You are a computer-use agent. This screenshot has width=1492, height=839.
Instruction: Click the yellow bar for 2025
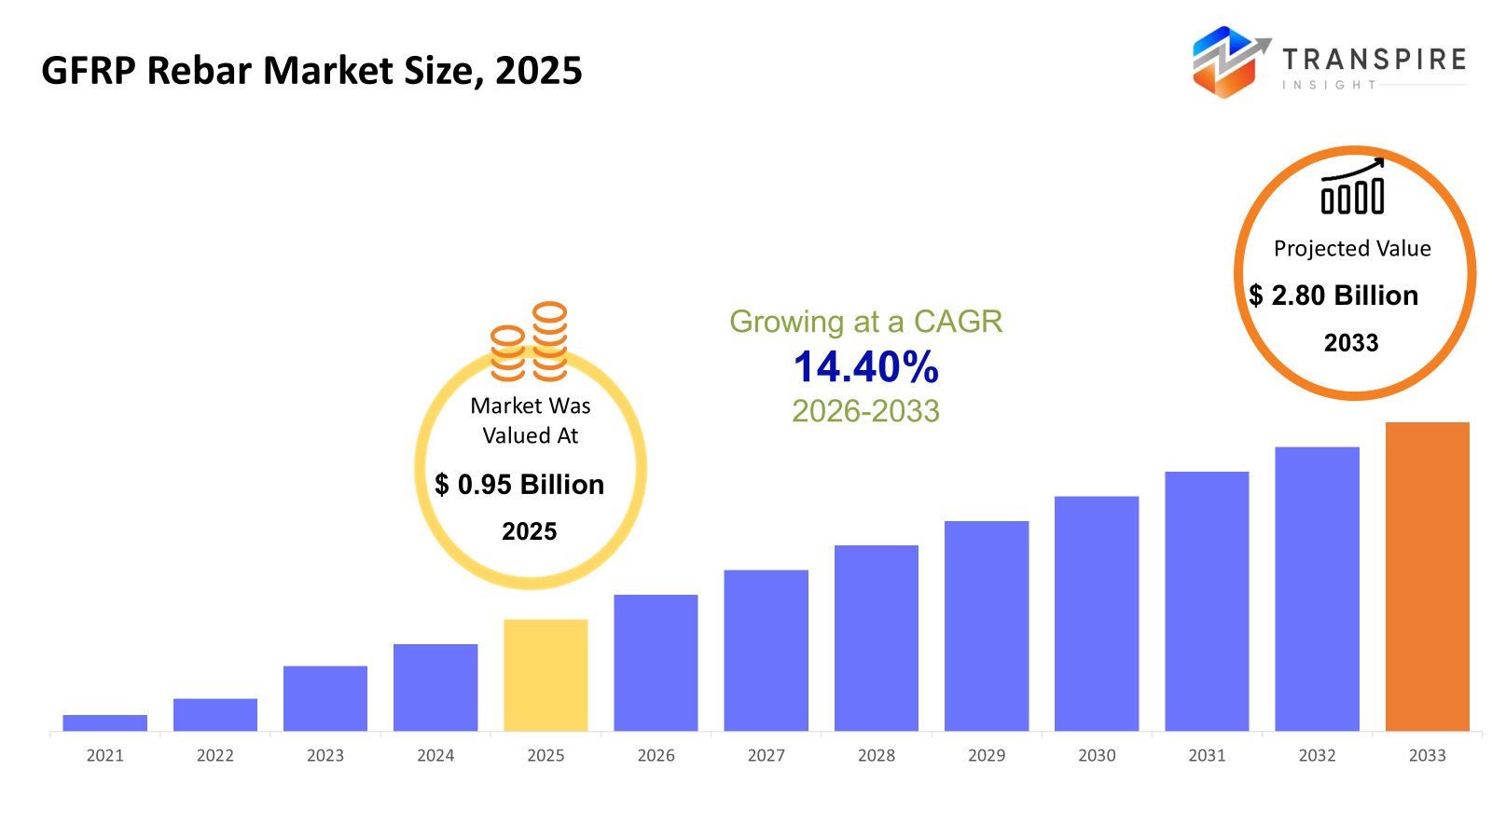546,675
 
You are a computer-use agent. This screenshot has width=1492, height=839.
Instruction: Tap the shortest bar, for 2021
104,722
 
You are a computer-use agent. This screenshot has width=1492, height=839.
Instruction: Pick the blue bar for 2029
986,626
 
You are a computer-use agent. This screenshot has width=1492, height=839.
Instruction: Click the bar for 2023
325,698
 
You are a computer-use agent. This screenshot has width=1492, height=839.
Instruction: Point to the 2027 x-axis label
766,755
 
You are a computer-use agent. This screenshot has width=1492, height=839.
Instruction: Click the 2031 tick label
1207,755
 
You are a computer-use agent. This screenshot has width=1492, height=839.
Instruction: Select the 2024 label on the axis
435,755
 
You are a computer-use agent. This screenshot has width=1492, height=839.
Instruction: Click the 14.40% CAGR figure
865,367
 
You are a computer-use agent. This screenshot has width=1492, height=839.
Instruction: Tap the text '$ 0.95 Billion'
519,485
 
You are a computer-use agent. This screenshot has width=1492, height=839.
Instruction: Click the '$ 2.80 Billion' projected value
1333,296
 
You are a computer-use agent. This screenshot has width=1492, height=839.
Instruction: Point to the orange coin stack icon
529,342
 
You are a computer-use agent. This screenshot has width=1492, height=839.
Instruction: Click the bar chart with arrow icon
1352,186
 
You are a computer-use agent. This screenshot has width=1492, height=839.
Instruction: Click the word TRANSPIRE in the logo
1374,60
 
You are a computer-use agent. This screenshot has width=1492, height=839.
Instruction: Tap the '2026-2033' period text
865,411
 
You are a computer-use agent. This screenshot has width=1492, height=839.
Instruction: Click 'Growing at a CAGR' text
865,322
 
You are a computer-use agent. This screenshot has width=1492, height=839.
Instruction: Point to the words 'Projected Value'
1352,249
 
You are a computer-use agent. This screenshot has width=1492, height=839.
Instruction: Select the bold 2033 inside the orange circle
1351,343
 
